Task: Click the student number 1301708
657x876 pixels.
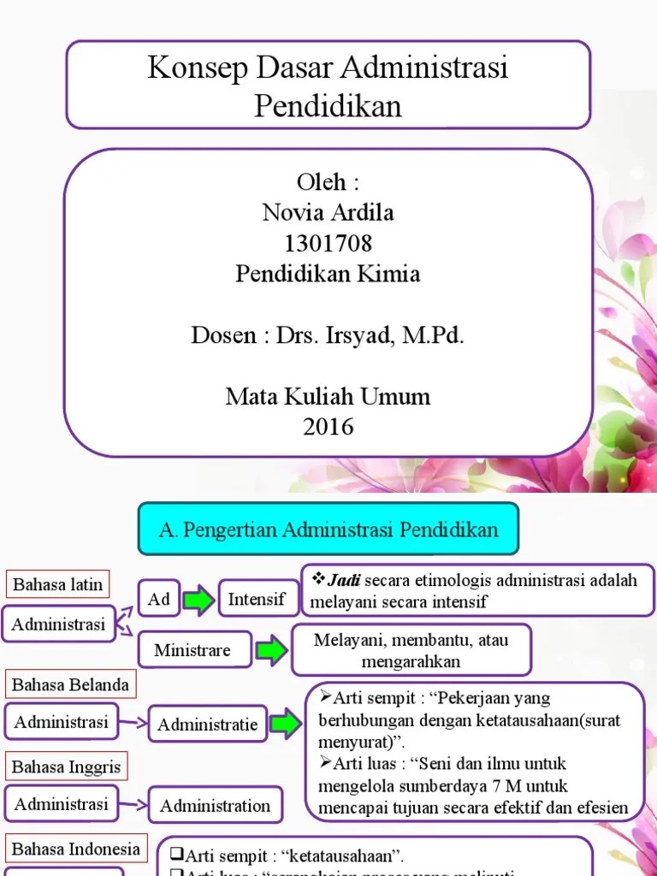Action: point(328,244)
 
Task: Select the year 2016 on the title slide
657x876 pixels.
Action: point(328,427)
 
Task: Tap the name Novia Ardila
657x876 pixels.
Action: point(328,212)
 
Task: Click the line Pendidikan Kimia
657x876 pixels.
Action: point(328,275)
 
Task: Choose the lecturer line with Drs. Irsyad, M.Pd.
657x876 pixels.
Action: point(328,335)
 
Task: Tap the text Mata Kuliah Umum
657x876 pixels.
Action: point(328,397)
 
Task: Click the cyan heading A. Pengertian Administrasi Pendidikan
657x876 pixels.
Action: point(328,529)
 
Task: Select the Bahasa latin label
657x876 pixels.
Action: point(58,585)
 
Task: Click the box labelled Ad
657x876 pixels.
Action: point(159,600)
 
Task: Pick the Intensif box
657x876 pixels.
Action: point(257,599)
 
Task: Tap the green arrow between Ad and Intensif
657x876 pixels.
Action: point(198,600)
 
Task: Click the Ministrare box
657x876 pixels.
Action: point(192,650)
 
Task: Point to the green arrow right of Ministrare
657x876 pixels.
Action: point(272,651)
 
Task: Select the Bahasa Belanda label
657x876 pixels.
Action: point(71,684)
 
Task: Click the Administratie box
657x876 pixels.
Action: point(207,725)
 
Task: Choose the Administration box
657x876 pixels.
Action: point(216,805)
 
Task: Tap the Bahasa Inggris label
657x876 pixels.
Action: point(67,766)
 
